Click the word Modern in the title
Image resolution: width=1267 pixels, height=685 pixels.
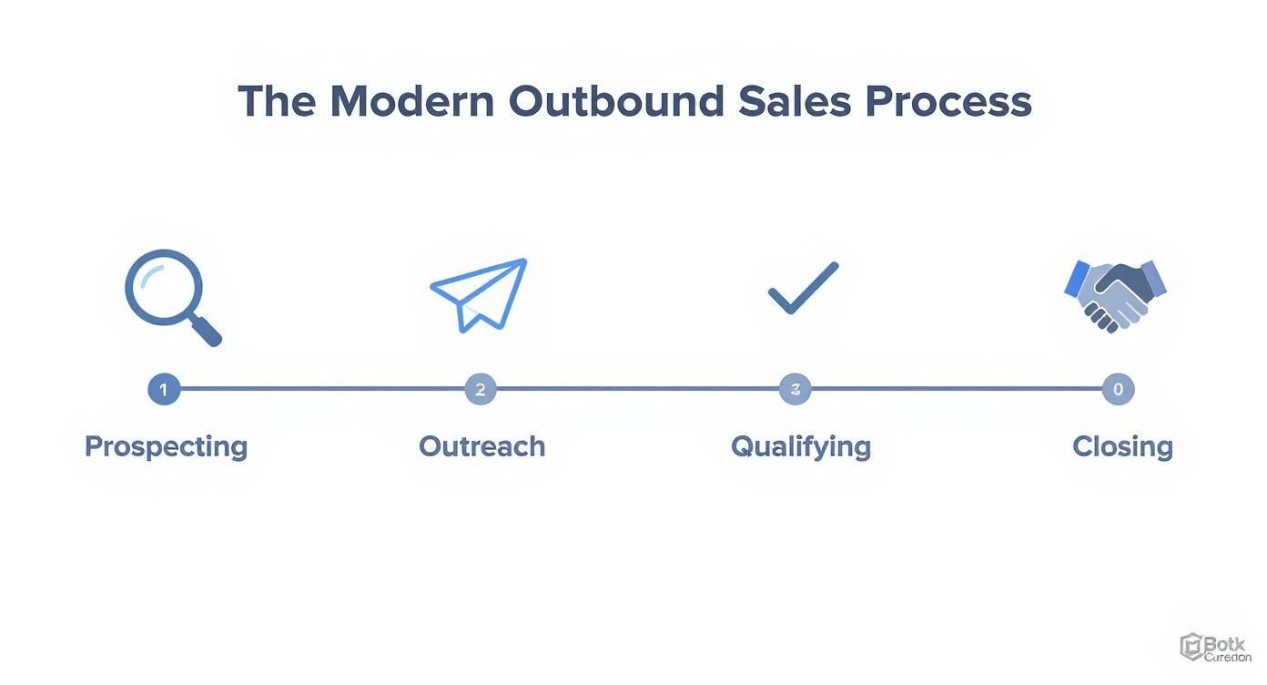click(x=411, y=101)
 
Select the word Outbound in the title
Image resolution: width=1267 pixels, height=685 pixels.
click(x=616, y=101)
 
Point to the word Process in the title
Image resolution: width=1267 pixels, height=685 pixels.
click(x=948, y=103)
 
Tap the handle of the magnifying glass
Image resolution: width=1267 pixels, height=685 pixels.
click(x=207, y=332)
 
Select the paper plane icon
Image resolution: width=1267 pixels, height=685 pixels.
click(x=480, y=293)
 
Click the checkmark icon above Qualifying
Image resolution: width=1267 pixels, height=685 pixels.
click(x=802, y=288)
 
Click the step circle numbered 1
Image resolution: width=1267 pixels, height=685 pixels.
click(x=164, y=390)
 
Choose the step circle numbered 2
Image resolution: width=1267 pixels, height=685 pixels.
click(x=481, y=390)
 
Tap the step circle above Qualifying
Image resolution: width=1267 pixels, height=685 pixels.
click(x=795, y=390)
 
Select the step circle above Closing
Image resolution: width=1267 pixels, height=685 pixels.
click(x=1118, y=390)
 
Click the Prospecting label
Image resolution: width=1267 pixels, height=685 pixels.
click(x=166, y=447)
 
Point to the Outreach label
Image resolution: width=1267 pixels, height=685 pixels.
click(x=481, y=447)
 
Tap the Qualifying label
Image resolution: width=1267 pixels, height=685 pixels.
click(x=801, y=447)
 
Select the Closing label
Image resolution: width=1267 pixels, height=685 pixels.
click(x=1122, y=447)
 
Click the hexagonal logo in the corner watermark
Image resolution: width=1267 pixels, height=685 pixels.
click(x=1191, y=647)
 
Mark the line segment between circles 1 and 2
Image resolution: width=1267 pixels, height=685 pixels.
click(x=322, y=390)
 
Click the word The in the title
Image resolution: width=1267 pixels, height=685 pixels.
click(x=277, y=101)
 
